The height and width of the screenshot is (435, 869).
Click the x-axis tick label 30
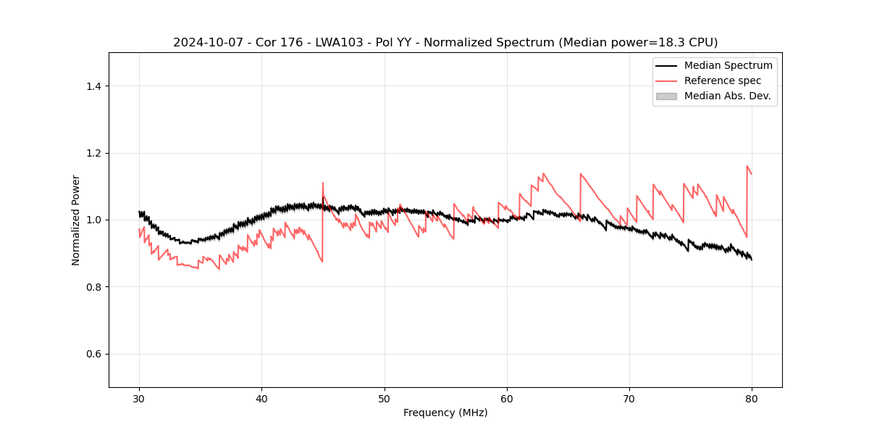tap(139, 398)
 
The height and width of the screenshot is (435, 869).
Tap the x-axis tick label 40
tap(261, 398)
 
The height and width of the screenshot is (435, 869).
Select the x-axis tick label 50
tap(385, 398)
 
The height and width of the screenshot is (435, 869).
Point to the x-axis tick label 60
tap(507, 398)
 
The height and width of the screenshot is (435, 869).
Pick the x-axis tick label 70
tap(629, 398)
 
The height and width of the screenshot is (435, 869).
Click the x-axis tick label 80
tap(752, 398)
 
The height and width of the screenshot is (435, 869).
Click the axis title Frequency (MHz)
tap(445, 413)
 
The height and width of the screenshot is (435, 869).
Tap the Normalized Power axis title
tap(76, 220)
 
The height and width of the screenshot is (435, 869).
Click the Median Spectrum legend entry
tap(728, 65)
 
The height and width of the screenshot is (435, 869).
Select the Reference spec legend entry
tap(722, 80)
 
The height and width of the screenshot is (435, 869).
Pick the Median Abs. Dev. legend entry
tap(727, 96)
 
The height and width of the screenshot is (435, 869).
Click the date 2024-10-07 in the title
tap(202, 43)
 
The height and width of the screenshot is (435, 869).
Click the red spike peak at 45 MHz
tap(323, 183)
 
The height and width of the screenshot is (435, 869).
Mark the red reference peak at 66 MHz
tap(581, 174)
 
